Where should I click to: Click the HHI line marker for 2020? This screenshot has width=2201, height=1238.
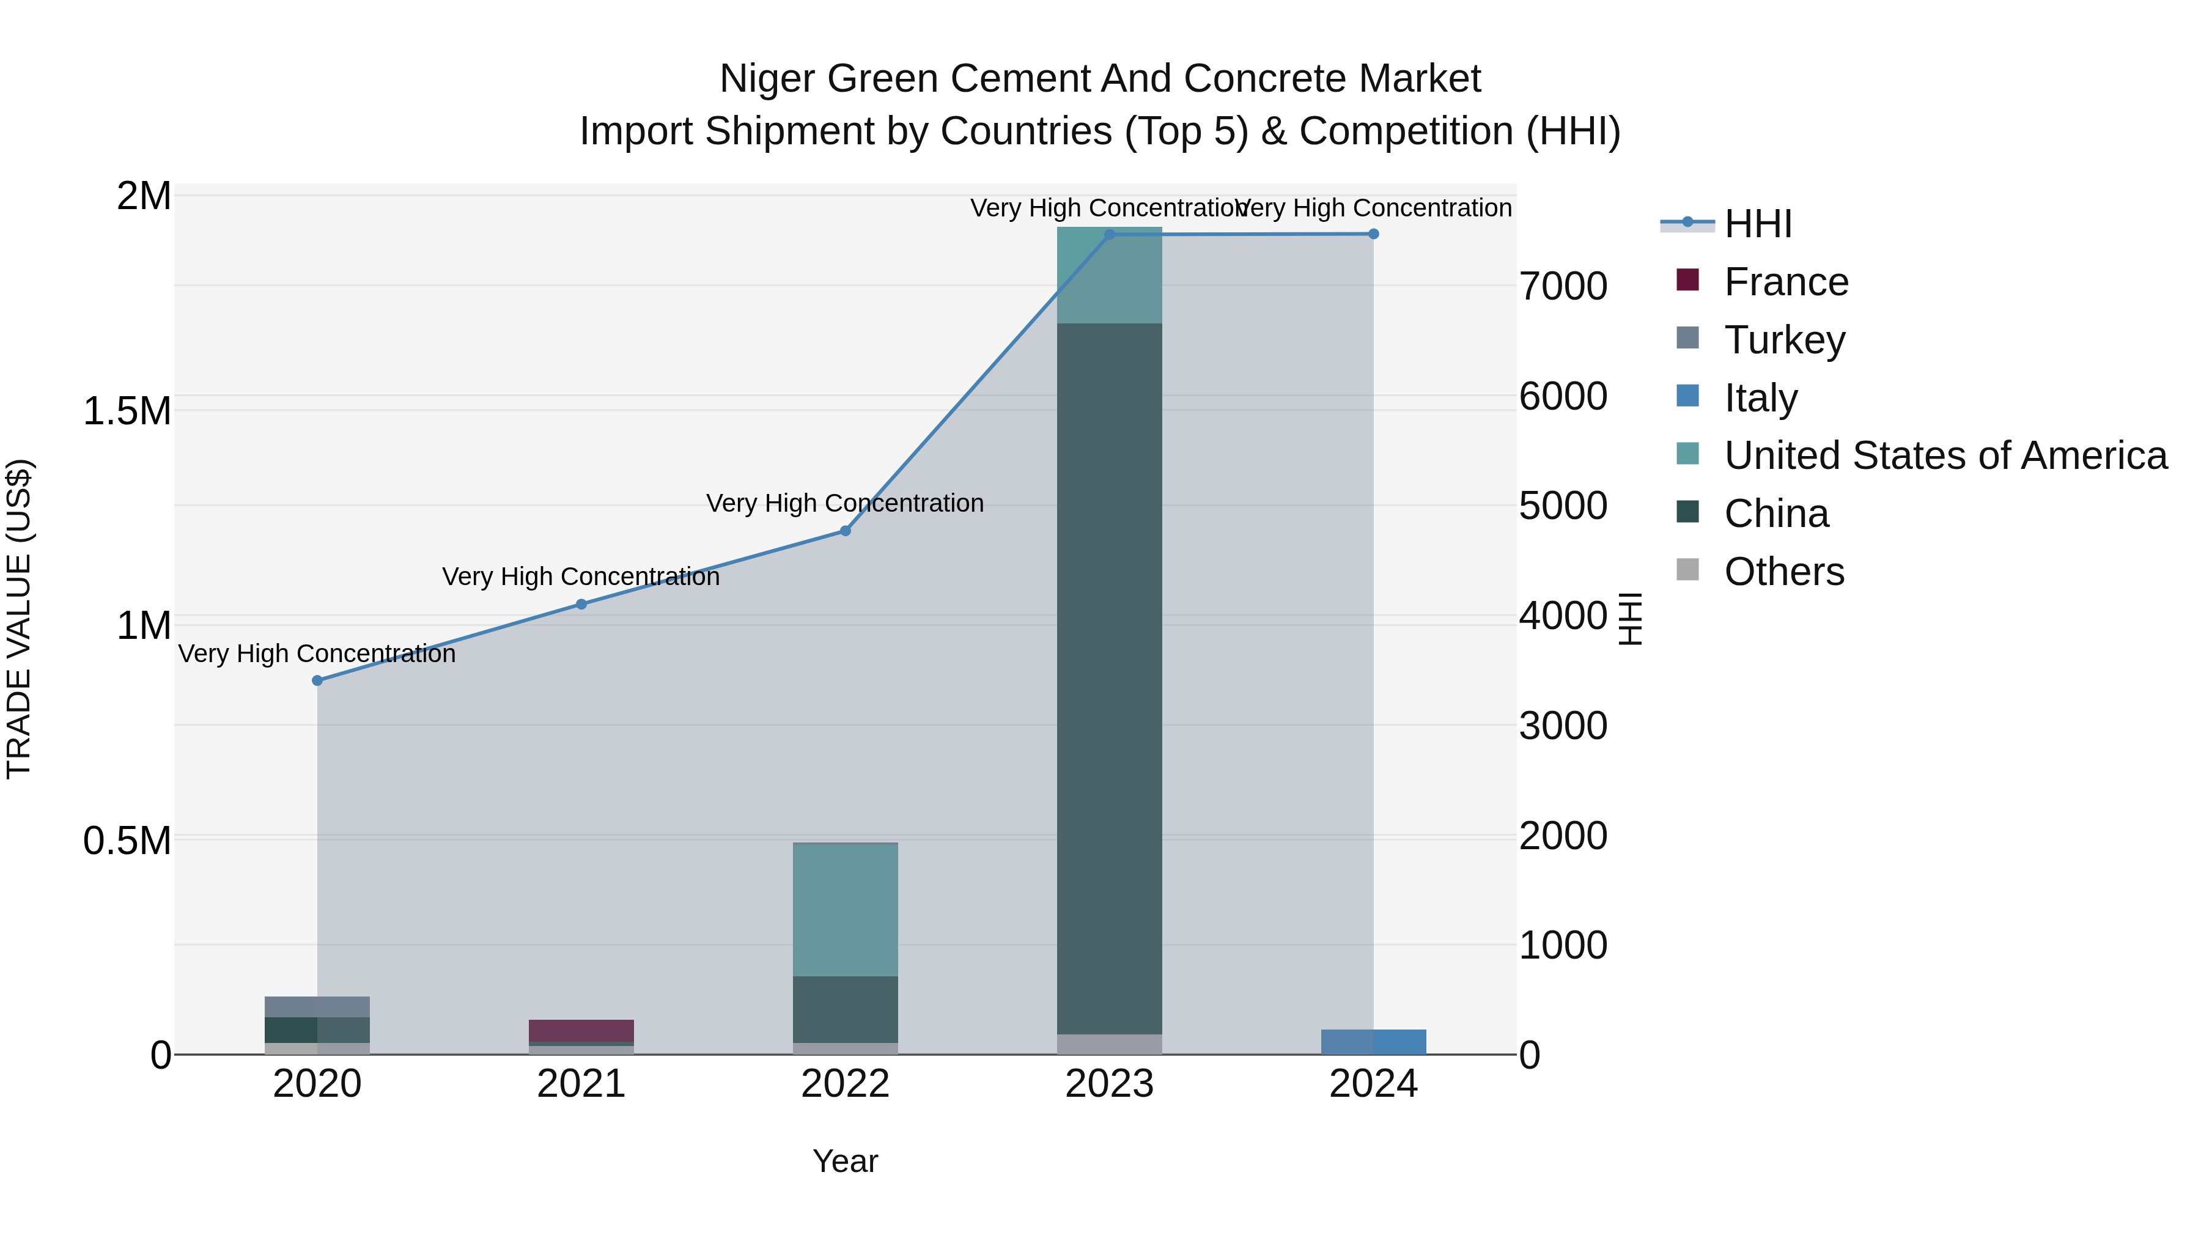(x=317, y=680)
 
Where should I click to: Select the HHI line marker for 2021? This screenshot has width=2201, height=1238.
(x=581, y=604)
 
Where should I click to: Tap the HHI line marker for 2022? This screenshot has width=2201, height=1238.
(x=845, y=531)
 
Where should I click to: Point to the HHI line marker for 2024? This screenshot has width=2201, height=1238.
(x=1373, y=234)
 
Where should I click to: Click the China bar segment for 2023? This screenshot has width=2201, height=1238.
(x=1109, y=679)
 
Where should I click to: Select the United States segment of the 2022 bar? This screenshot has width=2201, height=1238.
(x=845, y=909)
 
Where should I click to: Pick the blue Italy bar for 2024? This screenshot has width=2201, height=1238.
(x=1373, y=1042)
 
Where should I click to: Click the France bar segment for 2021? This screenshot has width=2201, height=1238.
(x=581, y=1030)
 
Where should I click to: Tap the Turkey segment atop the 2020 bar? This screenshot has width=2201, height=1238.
(x=317, y=1006)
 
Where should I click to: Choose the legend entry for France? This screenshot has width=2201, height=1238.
(x=1786, y=282)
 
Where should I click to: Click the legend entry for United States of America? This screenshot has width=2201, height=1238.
(x=1945, y=455)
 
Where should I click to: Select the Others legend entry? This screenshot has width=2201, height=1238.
(x=1783, y=572)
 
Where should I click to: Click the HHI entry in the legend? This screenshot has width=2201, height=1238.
(x=1758, y=224)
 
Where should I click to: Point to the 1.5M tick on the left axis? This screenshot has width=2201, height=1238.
(x=127, y=411)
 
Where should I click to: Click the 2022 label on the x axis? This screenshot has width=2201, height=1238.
(x=845, y=1084)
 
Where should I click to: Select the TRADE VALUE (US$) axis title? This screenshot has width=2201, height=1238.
(x=19, y=619)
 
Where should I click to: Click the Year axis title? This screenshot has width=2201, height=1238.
(x=845, y=1161)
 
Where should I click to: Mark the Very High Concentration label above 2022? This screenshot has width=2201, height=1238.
(x=845, y=503)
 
